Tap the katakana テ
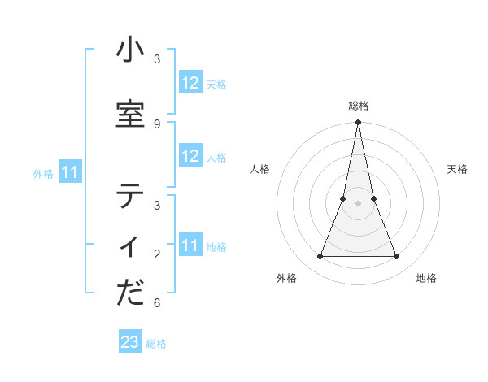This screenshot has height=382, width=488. [130, 197]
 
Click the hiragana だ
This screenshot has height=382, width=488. [130, 293]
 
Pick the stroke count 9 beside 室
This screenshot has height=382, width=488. [157, 124]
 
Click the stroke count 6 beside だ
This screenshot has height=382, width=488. [157, 303]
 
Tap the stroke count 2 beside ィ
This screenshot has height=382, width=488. [157, 254]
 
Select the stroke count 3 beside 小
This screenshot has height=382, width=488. [157, 59]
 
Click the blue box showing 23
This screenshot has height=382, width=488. [130, 342]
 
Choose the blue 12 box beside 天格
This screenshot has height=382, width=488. [190, 83]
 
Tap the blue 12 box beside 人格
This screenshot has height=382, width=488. [190, 156]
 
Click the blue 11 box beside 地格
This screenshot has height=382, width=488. [190, 245]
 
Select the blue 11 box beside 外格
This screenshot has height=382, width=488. [70, 172]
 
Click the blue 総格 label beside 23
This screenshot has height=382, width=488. [156, 343]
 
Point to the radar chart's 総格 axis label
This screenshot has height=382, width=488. [359, 106]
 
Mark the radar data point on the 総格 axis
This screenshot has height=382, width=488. [358, 123]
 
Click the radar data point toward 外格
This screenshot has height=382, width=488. [320, 257]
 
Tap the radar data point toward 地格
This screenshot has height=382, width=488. [397, 257]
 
